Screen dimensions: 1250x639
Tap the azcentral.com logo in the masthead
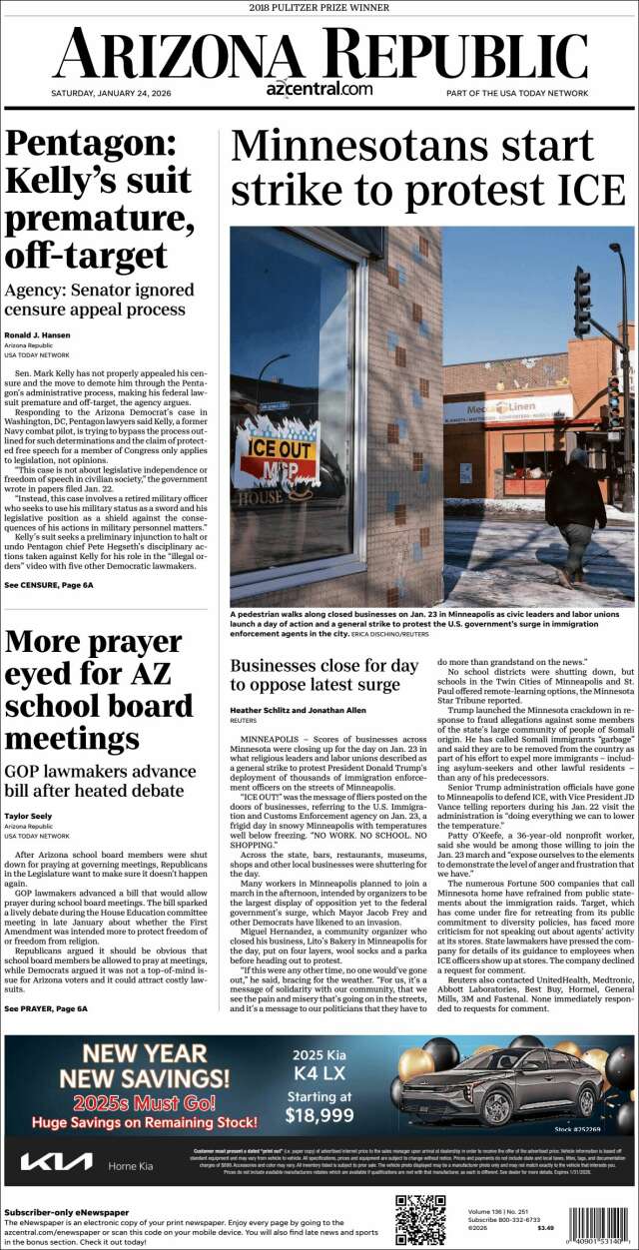pos(319,90)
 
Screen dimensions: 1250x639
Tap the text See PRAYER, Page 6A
pos(46,1009)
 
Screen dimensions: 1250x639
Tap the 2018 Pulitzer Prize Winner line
pos(319,8)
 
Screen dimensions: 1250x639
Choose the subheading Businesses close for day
pos(324,664)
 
